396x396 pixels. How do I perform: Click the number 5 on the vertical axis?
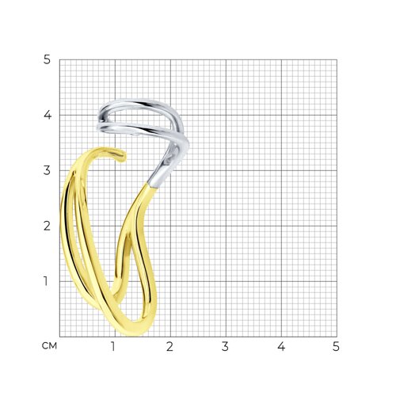[47, 60]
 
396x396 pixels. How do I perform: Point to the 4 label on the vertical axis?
[48, 115]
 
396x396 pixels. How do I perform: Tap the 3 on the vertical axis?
[47, 170]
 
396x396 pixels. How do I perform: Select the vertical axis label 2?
[47, 226]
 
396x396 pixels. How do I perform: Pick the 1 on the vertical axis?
[46, 281]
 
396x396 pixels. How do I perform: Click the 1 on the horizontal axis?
[113, 347]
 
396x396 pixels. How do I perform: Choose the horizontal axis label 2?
[169, 347]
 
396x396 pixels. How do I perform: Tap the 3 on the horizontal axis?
[225, 347]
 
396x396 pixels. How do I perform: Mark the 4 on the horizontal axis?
[281, 347]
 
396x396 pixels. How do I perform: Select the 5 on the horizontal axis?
[336, 347]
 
